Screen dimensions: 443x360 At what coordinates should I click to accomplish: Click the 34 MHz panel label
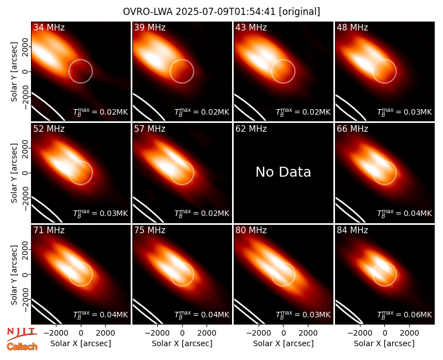pyautogui.click(x=49, y=27)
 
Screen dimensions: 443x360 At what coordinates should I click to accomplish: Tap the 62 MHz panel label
pyautogui.click(x=251, y=129)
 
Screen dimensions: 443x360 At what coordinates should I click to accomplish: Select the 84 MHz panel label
pyautogui.click(x=352, y=230)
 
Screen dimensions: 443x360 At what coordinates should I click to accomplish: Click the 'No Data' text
pyautogui.click(x=283, y=172)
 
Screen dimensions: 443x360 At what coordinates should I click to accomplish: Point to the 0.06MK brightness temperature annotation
pyautogui.click(x=405, y=314)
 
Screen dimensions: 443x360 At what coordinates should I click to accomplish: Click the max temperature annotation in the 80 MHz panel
pyautogui.click(x=303, y=314)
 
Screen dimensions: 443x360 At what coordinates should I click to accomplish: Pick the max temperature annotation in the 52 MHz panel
pyautogui.click(x=101, y=213)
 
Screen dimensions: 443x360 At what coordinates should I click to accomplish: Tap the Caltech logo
pyautogui.click(x=22, y=347)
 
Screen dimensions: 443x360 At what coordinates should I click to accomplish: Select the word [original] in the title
pyautogui.click(x=299, y=12)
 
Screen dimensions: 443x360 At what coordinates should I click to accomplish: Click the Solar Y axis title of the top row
pyautogui.click(x=14, y=72)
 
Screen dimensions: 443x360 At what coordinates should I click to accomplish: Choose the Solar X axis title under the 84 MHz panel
pyautogui.click(x=384, y=343)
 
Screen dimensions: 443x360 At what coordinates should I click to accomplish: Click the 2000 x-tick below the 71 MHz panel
pyautogui.click(x=105, y=333)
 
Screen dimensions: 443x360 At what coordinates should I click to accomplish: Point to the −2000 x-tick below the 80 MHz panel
pyautogui.click(x=259, y=333)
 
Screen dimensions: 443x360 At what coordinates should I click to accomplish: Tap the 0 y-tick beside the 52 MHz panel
pyautogui.click(x=25, y=173)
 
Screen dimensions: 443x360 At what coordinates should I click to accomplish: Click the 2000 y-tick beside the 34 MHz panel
pyautogui.click(x=25, y=47)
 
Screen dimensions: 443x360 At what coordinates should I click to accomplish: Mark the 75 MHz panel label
pyautogui.click(x=150, y=230)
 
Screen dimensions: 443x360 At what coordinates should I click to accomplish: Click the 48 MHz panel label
pyautogui.click(x=352, y=27)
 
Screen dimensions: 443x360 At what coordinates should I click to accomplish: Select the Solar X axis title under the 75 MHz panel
pyautogui.click(x=182, y=343)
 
